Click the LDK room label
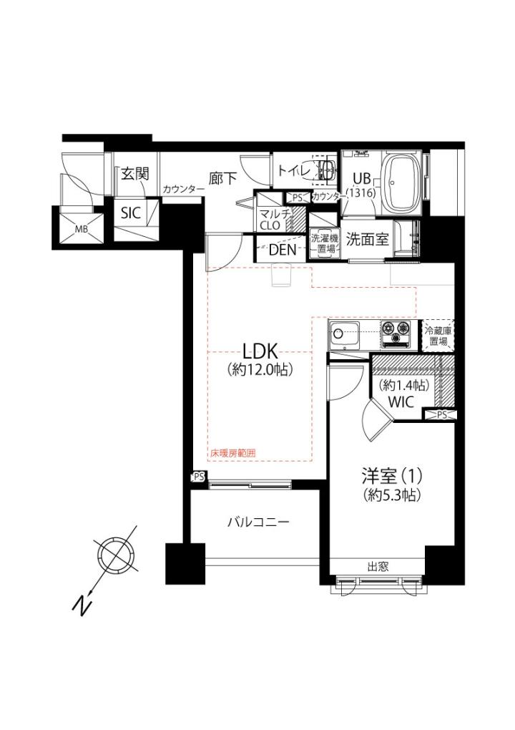coord(260,351)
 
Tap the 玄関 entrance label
coord(135,175)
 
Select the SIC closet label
coord(131,213)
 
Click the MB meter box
coord(82,228)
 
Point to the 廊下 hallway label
coord(223,178)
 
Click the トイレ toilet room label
coord(294,170)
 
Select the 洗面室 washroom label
coord(367,239)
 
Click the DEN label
coord(283,250)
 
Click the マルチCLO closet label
coord(273,220)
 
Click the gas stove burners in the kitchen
coord(397,334)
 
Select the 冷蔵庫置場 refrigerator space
coord(438,336)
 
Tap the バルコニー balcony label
coord(258,522)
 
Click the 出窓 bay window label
coord(378,567)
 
